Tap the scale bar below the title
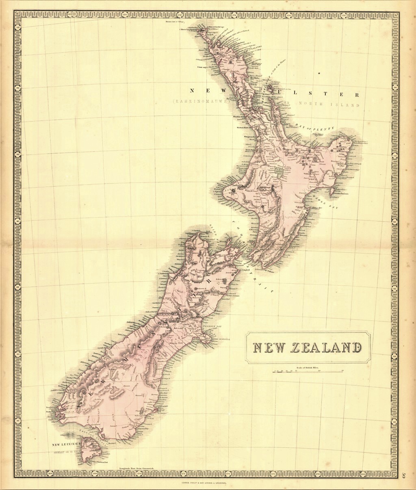[308, 371]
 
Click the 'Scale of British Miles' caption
[308, 366]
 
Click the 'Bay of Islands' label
[255, 49]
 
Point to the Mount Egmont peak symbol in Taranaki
[234, 189]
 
